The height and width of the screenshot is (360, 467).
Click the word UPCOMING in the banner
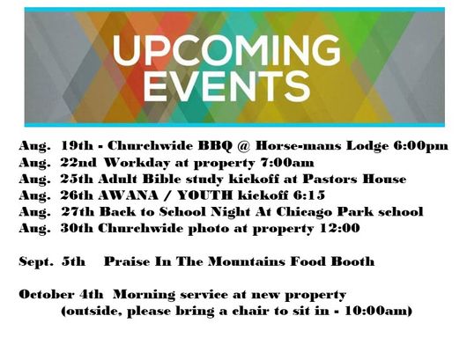(226, 50)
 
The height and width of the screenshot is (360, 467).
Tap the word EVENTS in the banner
(227, 86)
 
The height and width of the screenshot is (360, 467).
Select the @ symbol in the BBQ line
(244, 146)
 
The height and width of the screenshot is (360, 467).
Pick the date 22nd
(78, 163)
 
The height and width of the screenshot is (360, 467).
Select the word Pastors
(330, 179)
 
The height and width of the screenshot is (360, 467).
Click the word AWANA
(128, 195)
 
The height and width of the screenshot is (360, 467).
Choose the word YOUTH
(204, 195)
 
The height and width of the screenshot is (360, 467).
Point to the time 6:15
(309, 195)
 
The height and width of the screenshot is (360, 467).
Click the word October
(46, 295)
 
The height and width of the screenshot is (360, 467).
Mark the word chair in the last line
(250, 312)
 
